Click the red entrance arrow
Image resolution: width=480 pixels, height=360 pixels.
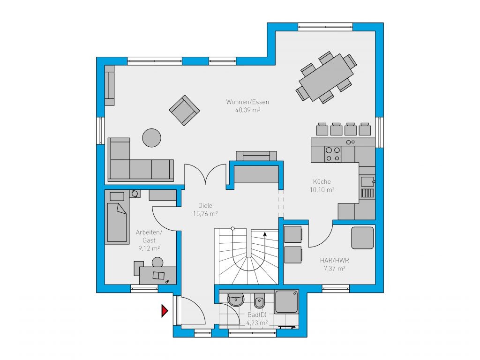click(165, 311)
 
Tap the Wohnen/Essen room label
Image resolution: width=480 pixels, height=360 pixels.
click(247, 102)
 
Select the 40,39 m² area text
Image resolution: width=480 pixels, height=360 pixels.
click(247, 110)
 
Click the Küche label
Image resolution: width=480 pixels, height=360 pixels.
click(322, 181)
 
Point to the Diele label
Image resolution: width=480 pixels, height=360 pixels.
click(205, 205)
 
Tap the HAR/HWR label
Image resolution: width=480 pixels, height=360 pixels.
click(334, 261)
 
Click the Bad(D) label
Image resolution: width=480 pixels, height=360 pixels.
click(257, 315)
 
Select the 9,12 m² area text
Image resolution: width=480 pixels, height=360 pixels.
click(149, 248)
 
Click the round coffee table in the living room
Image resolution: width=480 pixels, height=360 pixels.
click(151, 138)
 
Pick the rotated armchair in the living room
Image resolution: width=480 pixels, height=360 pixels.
click(184, 110)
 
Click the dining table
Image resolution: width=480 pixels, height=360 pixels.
click(326, 77)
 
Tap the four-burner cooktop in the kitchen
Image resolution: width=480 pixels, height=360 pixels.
click(333, 154)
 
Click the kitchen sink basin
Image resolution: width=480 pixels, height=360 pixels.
click(367, 181)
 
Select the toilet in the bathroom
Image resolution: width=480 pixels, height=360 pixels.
click(259, 300)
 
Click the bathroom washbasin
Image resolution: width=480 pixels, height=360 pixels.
click(236, 299)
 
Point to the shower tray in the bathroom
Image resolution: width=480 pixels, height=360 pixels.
click(286, 301)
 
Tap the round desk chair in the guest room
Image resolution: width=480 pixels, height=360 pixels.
click(157, 262)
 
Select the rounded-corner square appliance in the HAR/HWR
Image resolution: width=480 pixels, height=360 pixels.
click(362, 238)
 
